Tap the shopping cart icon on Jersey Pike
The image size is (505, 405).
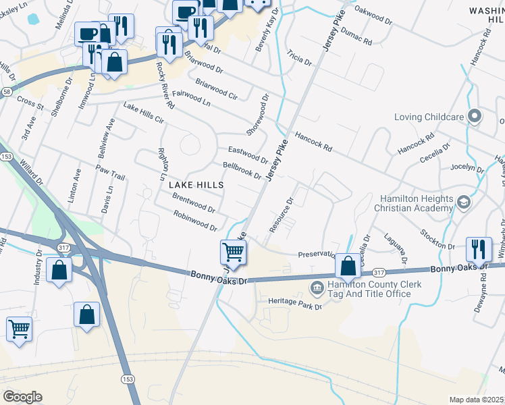click(x=233, y=252)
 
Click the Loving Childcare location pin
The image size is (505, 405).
click(x=474, y=117)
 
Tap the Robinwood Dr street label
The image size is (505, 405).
click(x=195, y=219)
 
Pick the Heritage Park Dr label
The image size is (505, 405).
click(x=295, y=305)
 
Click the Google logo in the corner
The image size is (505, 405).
click(x=22, y=397)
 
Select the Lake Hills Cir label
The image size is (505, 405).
click(x=144, y=113)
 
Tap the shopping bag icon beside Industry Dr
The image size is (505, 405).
click(x=59, y=270)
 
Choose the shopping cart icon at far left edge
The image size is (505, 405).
click(x=18, y=329)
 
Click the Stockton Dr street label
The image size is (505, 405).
click(x=444, y=238)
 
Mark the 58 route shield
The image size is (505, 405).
click(x=5, y=92)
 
